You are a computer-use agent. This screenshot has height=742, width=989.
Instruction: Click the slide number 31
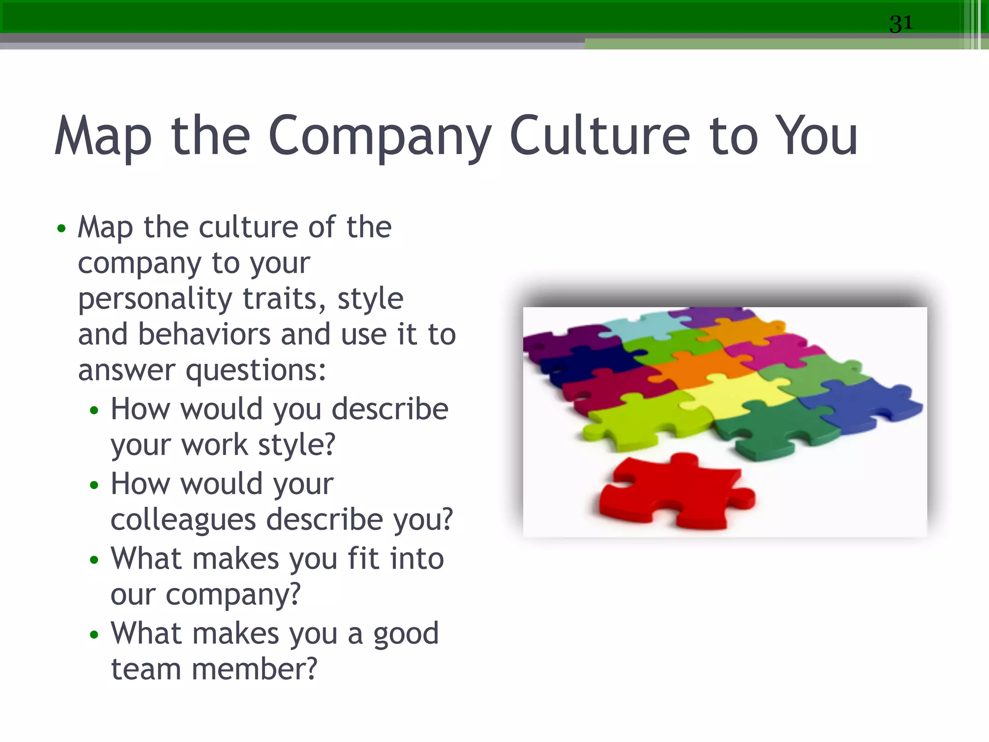pyautogui.click(x=901, y=23)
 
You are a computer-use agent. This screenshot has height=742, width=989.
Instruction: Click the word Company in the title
pyautogui.click(x=380, y=137)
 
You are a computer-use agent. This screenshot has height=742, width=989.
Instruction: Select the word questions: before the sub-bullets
pyautogui.click(x=256, y=371)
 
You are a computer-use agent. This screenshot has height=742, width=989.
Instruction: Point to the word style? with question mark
pyautogui.click(x=297, y=445)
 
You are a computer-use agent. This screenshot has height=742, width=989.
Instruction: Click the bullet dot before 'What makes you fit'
pyautogui.click(x=94, y=560)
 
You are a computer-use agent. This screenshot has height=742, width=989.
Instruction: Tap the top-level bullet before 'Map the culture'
pyautogui.click(x=61, y=228)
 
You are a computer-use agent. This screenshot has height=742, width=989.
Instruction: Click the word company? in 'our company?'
pyautogui.click(x=233, y=595)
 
